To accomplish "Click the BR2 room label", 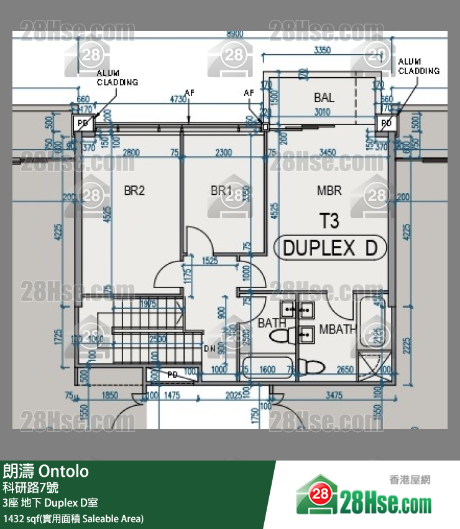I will (134, 191).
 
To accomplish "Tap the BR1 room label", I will (221, 190).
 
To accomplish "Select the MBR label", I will (329, 191).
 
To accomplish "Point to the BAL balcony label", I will (324, 98).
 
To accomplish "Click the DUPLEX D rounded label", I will (330, 248).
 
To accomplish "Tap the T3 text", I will (329, 222).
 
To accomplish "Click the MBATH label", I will (337, 329).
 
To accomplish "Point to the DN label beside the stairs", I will (209, 349).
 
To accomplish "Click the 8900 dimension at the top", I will (235, 33).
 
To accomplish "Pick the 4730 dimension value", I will (178, 99).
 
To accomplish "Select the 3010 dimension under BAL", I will (322, 113).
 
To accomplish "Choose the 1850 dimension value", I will (110, 395).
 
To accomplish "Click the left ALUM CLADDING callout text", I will (117, 78).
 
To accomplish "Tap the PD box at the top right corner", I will (386, 123).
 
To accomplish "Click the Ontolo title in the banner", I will (64, 470).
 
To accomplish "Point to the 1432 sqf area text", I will (73, 518).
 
